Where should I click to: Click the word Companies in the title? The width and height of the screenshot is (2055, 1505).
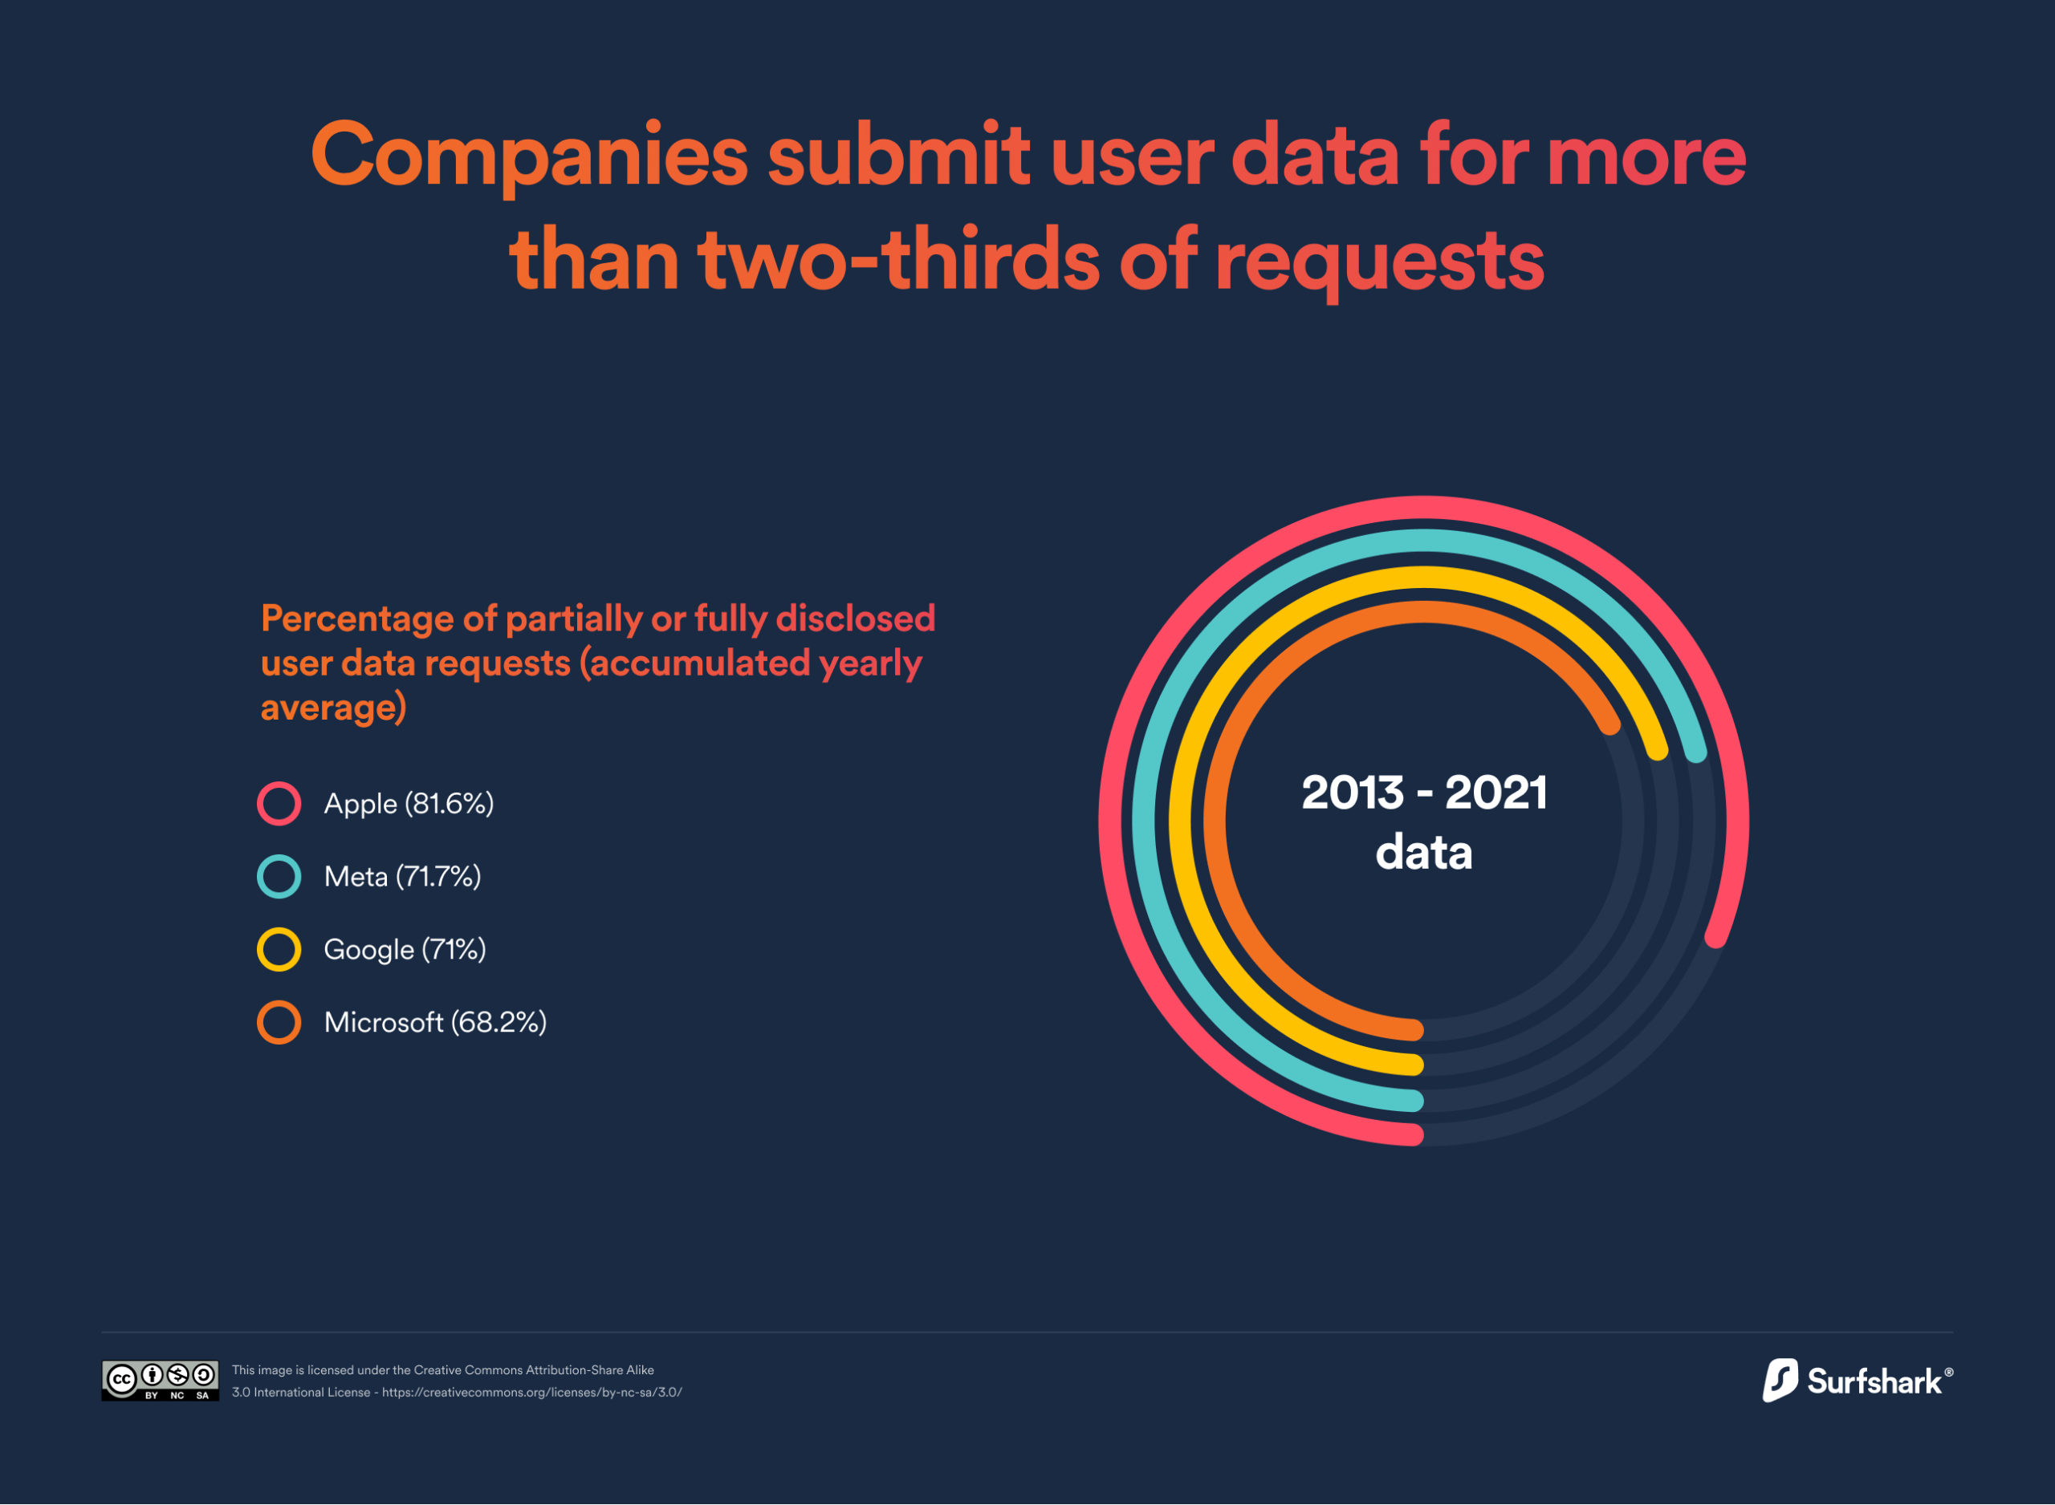(x=528, y=156)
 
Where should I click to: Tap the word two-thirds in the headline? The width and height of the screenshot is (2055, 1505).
(x=897, y=261)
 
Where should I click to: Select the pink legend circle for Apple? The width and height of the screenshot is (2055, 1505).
(x=279, y=804)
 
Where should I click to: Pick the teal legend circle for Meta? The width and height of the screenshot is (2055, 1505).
(x=279, y=876)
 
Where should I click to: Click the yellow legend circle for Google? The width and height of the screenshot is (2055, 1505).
(x=279, y=949)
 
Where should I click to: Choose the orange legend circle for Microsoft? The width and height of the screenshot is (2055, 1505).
(x=279, y=1022)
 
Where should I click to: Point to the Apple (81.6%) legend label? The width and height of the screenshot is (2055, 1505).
(x=409, y=804)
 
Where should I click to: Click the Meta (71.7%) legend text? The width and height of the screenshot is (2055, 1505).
(x=402, y=876)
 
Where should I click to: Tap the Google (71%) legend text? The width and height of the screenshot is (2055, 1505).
(x=405, y=949)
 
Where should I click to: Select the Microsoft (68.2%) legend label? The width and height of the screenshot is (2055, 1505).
(x=435, y=1022)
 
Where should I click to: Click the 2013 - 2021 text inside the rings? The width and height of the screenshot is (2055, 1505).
(x=1423, y=793)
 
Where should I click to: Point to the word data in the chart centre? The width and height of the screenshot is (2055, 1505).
(x=1423, y=853)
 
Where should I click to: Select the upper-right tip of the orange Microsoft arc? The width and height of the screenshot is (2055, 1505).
(x=1610, y=724)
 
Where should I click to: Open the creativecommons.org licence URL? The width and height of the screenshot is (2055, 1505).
(x=531, y=1393)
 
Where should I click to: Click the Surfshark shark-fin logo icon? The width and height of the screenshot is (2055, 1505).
(x=1779, y=1380)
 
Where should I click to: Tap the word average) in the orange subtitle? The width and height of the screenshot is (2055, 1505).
(x=334, y=707)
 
